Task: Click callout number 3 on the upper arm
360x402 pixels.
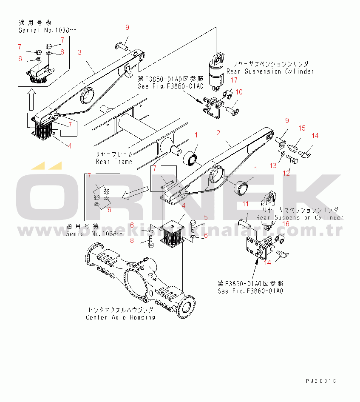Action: [x=79, y=52]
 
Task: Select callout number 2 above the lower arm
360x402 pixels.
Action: [x=218, y=133]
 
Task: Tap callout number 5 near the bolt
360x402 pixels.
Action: [x=205, y=217]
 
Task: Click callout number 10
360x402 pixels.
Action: [x=239, y=91]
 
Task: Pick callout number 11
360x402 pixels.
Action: [x=246, y=204]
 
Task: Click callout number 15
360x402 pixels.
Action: [x=301, y=128]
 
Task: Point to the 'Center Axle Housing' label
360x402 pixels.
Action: [x=120, y=317]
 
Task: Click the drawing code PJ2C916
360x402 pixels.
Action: [x=320, y=381]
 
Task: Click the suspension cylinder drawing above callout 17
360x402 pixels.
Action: [x=217, y=70]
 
